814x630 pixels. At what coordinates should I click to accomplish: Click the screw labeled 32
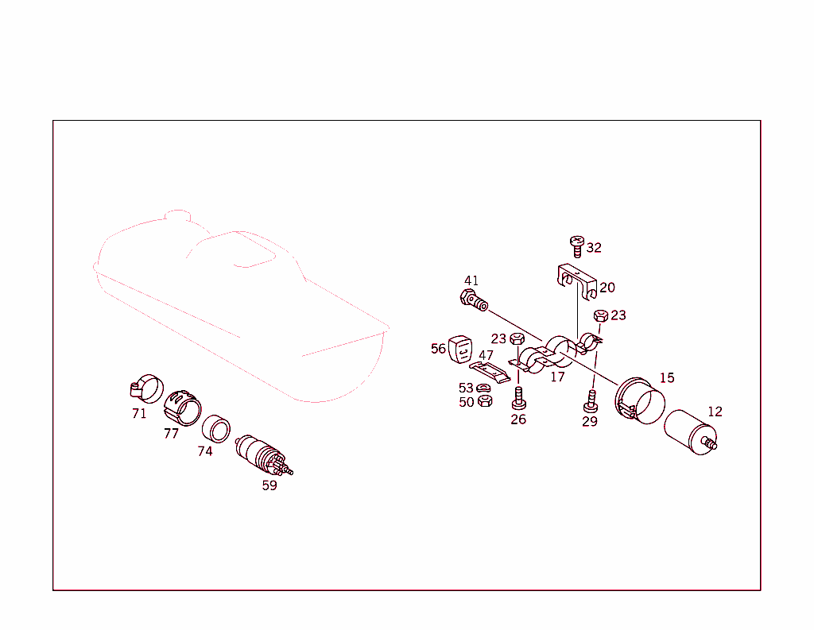tap(576, 245)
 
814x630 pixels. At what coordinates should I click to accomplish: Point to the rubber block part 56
tap(461, 349)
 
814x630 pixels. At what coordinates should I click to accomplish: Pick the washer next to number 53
tap(484, 388)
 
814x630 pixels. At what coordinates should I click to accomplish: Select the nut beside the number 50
tap(485, 401)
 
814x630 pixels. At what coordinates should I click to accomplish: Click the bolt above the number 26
tap(518, 396)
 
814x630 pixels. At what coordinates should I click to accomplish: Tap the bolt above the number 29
tap(591, 398)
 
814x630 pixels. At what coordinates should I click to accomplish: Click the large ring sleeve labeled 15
tap(641, 402)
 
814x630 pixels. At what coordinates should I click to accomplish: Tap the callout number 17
tap(557, 377)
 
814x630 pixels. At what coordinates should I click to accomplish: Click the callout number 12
tap(715, 412)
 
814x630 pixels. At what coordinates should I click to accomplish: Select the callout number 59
tap(269, 485)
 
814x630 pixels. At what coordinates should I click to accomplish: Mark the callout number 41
tap(471, 280)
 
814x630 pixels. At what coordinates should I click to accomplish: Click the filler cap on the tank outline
tap(176, 215)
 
